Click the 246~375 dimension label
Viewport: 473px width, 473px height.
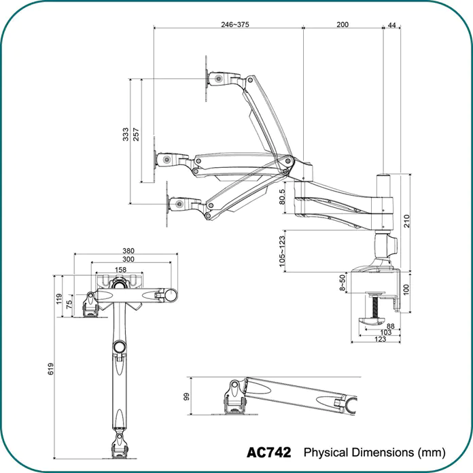point(235,24)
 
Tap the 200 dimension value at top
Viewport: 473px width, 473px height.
point(343,24)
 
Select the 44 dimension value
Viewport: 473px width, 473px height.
point(391,25)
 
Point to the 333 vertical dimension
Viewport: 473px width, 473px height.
point(126,135)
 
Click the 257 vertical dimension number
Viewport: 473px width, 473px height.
point(136,135)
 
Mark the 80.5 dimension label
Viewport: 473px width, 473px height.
point(282,196)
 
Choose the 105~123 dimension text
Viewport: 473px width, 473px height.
point(282,251)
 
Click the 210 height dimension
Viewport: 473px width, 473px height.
point(406,221)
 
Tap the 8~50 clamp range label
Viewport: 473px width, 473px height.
point(342,283)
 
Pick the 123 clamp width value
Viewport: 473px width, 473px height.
point(380,339)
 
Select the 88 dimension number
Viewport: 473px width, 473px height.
point(390,326)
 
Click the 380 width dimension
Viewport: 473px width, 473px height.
point(128,251)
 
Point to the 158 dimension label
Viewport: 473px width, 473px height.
point(120,270)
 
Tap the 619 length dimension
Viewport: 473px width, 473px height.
point(51,368)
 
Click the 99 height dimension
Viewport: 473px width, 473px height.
point(187,396)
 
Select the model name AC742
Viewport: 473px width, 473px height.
point(268,453)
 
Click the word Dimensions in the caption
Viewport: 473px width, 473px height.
point(383,453)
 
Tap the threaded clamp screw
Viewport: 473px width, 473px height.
point(375,306)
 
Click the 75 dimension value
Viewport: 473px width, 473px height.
point(69,303)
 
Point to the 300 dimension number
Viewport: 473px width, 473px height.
point(128,259)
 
